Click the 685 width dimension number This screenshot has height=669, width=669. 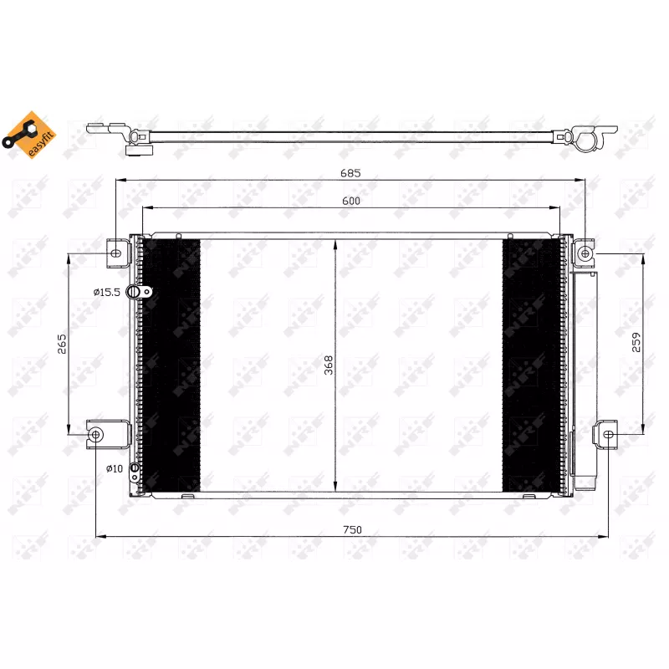(x=350, y=173)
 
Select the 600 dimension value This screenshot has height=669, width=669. (x=350, y=202)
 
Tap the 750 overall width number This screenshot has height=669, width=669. (x=352, y=529)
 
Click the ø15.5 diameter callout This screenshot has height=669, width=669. (x=107, y=292)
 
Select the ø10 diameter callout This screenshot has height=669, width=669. (x=115, y=468)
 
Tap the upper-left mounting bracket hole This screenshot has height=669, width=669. (x=116, y=253)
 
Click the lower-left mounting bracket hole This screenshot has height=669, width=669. (x=96, y=434)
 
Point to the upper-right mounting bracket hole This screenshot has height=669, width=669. (x=585, y=252)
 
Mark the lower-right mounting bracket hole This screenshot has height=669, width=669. (x=608, y=434)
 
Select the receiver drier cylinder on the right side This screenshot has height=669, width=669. (x=583, y=372)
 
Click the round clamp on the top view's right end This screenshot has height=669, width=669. (x=588, y=140)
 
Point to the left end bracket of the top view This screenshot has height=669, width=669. (x=105, y=130)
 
